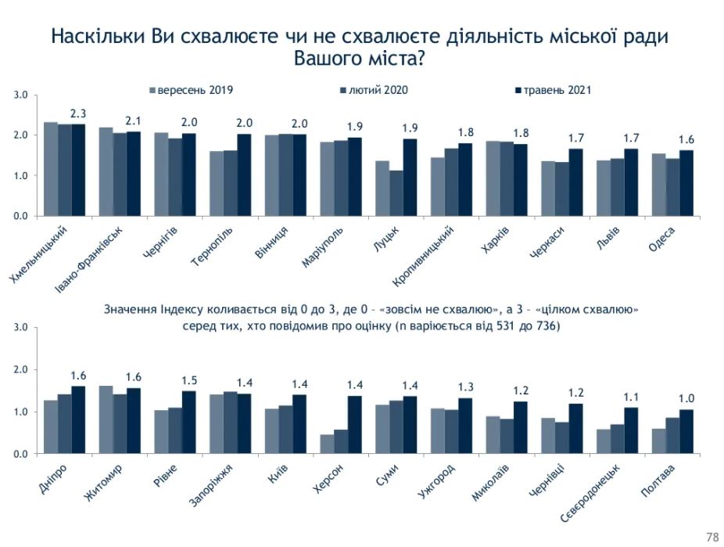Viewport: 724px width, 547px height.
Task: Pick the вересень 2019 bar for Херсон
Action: [326, 444]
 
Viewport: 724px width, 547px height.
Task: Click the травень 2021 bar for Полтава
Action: [686, 432]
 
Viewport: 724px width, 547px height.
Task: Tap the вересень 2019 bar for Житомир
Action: [106, 419]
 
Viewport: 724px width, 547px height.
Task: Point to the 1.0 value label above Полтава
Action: [686, 398]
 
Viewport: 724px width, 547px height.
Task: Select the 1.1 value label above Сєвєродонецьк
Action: [630, 396]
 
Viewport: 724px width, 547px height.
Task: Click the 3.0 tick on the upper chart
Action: [20, 95]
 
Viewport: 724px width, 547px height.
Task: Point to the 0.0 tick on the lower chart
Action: [20, 455]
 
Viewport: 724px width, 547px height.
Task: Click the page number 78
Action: [711, 537]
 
